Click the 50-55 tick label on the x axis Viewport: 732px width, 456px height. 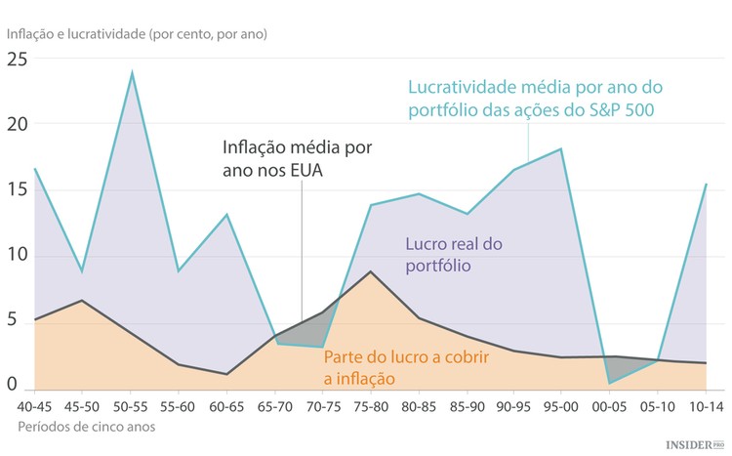click(132, 404)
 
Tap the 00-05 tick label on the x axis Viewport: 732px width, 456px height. click(610, 404)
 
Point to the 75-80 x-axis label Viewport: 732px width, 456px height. click(371, 404)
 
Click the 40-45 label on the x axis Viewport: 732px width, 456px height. click(36, 404)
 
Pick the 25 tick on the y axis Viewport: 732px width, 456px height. click(18, 59)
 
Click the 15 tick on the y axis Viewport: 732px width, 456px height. click(18, 189)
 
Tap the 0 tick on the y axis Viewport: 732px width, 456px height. click(12, 386)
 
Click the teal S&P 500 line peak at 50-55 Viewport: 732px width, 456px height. click(132, 72)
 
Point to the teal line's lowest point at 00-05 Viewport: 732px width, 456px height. click(610, 383)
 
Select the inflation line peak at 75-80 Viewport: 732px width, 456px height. click(371, 271)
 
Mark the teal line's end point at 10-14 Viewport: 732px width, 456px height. click(706, 184)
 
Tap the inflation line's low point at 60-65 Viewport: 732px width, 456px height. click(227, 374)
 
